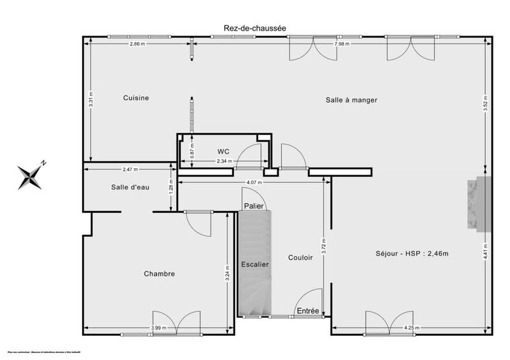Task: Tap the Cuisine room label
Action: [x=136, y=97]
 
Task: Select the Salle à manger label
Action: [x=351, y=100]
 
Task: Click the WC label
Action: [x=223, y=151]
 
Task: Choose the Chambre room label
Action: [x=159, y=273]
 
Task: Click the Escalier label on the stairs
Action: [x=254, y=264]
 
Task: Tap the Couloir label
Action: [x=300, y=258]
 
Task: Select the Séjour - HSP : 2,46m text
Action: [x=412, y=254]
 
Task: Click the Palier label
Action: [x=254, y=206]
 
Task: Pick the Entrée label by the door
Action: [x=309, y=310]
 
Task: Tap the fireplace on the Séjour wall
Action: [x=478, y=204]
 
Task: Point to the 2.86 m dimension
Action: [x=137, y=44]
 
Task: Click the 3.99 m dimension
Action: [x=159, y=328]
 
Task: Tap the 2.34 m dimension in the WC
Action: [x=224, y=162]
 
